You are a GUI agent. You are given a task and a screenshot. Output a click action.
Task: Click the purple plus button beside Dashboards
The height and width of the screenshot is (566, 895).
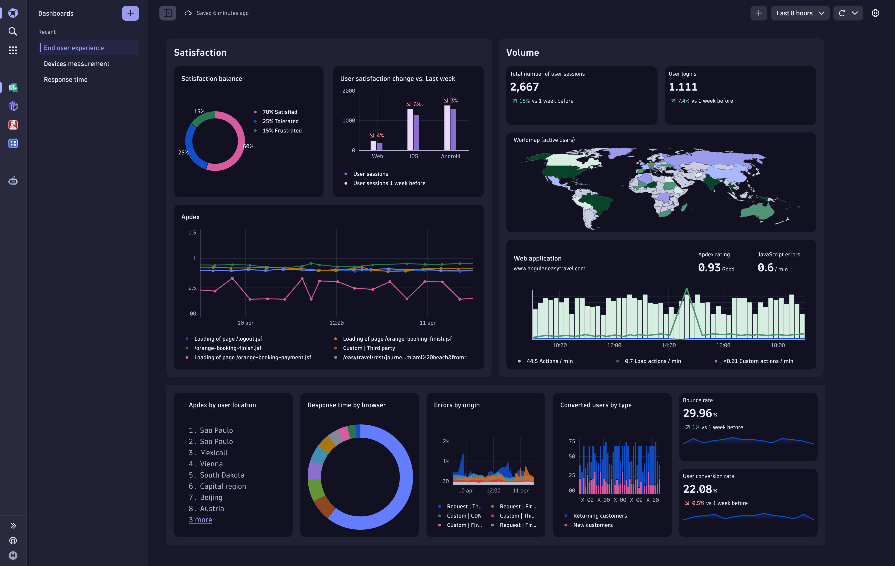[x=130, y=13]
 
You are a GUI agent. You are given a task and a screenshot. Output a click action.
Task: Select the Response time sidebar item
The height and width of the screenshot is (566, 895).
[x=65, y=79]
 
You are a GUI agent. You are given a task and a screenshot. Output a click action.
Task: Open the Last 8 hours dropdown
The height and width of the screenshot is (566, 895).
[x=799, y=13]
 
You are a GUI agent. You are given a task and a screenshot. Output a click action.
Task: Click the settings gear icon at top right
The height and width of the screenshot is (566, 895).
[x=875, y=13]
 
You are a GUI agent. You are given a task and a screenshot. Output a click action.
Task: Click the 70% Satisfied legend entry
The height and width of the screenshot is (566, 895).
[x=279, y=112]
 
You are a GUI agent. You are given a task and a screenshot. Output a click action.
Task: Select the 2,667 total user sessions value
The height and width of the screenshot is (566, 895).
[x=524, y=87]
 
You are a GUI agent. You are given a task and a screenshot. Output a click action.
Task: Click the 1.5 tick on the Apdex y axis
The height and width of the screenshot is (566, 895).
[x=192, y=233]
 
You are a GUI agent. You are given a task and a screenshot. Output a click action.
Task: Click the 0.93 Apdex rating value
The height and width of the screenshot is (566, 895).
[x=709, y=268]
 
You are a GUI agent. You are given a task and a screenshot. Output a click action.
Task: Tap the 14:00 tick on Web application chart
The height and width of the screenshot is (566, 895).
[x=668, y=345]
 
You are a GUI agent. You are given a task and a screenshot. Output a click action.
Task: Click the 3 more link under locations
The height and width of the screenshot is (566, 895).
[x=200, y=520]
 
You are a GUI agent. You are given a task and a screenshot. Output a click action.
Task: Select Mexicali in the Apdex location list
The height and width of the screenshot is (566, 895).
[x=213, y=452]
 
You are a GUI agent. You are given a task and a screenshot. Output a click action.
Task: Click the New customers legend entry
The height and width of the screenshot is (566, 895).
[x=592, y=525]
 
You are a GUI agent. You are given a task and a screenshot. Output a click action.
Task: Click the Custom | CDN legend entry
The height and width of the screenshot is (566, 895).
[x=464, y=515]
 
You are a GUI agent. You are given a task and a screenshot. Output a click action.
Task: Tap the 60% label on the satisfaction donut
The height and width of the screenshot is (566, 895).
[x=248, y=146]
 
